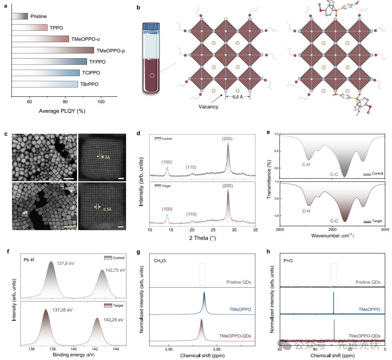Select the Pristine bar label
[x=38, y=16]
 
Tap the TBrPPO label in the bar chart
[x=88, y=84]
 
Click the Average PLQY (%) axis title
[x=62, y=111]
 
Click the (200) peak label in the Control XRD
[x=228, y=139]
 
